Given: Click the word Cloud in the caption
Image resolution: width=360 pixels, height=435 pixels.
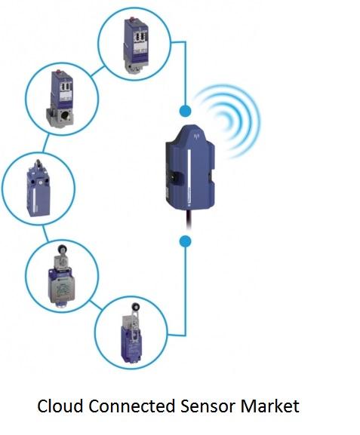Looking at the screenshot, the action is click(60, 406).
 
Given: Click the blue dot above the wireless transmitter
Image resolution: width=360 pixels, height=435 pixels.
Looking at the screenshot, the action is click(185, 111).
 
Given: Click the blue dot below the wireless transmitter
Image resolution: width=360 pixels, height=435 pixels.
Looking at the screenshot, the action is click(185, 241).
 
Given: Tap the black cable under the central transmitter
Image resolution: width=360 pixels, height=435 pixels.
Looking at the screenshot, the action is click(189, 220).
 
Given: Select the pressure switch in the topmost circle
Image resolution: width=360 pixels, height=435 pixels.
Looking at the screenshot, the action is click(136, 44).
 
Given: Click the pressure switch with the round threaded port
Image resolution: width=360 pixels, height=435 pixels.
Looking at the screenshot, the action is click(60, 99).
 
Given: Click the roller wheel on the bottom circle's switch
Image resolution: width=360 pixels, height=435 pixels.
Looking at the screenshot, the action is click(137, 307).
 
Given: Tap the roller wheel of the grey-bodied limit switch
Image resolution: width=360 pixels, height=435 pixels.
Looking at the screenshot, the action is click(61, 248).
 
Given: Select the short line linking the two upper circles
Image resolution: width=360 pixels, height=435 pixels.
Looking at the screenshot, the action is click(98, 72).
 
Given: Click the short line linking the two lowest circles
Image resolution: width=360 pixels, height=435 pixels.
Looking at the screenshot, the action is click(96, 305).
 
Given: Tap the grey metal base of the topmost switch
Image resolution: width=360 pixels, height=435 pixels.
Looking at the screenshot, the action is click(133, 67).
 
